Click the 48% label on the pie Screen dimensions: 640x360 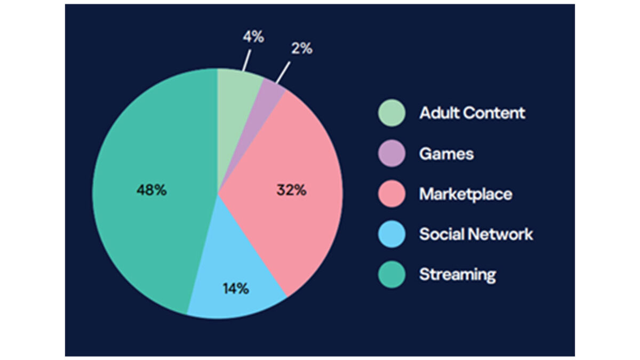[151, 190]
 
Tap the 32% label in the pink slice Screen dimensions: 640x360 [291, 190]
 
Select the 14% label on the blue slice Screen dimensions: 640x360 [236, 289]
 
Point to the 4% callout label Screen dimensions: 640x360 [253, 37]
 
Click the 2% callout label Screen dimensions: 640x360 [302, 49]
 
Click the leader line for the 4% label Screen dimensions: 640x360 [246, 61]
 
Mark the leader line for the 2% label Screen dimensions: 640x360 [283, 73]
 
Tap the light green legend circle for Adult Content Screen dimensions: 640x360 [391, 113]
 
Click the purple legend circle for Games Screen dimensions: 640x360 [391, 154]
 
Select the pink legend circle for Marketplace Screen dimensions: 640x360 [391, 194]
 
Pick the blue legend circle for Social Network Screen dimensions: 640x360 [391, 234]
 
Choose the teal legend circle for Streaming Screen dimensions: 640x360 [391, 275]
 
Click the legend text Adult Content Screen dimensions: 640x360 [473, 113]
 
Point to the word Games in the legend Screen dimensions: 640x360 [446, 154]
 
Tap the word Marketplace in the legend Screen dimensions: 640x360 [466, 195]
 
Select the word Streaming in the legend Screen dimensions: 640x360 [458, 275]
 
